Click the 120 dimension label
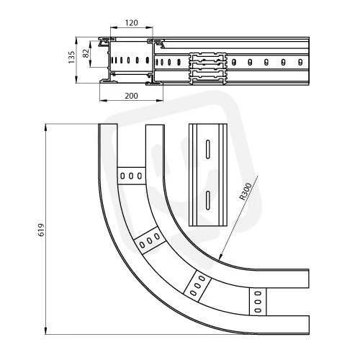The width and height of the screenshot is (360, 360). pos(132,23)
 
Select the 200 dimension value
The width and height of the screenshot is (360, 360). pos(131,96)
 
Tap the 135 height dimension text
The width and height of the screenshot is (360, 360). pos(71,57)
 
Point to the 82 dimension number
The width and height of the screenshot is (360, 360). pos(86,53)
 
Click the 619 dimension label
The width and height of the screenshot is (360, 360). pos(41,230)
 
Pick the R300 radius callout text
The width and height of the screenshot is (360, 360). pos(246,192)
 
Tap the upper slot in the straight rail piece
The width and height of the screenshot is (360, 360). pos(208,149)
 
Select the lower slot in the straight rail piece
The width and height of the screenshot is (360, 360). pos(208,200)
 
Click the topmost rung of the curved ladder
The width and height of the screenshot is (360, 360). pos(132,176)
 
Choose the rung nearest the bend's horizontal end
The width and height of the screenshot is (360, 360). pos(258,302)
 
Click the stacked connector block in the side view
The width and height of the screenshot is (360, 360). pos(208,69)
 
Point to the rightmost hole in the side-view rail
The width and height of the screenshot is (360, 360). pos(300,62)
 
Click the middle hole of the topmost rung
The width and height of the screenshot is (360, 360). pos(131,176)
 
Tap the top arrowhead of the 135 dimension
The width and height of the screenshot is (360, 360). pos(76,40)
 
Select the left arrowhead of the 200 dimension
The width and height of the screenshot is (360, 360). pos(103,100)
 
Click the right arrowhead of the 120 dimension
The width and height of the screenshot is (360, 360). pos(150,27)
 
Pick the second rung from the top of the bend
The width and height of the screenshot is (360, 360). pos(150,240)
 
